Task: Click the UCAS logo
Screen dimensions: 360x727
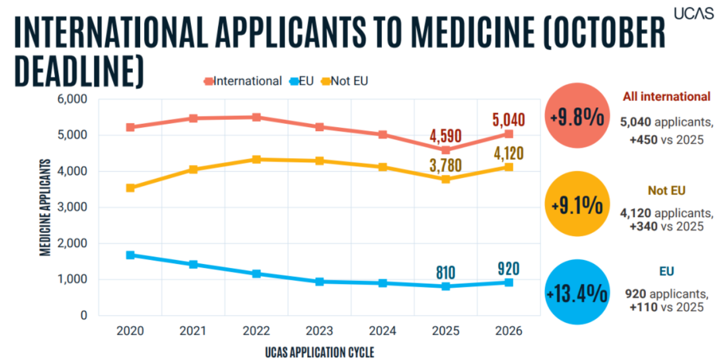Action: pyautogui.click(x=694, y=14)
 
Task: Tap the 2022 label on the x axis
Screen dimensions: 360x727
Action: pyautogui.click(x=256, y=331)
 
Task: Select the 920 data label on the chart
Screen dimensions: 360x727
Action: pyautogui.click(x=508, y=267)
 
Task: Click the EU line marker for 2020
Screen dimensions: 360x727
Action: pyautogui.click(x=130, y=255)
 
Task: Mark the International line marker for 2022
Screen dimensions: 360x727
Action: pyautogui.click(x=256, y=117)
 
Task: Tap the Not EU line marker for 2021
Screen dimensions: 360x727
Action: pyautogui.click(x=193, y=169)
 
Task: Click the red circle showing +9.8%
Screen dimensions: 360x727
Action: pyautogui.click(x=576, y=118)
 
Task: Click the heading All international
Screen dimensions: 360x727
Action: pyautogui.click(x=667, y=97)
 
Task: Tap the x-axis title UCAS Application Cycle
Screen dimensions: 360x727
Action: pyautogui.click(x=319, y=352)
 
